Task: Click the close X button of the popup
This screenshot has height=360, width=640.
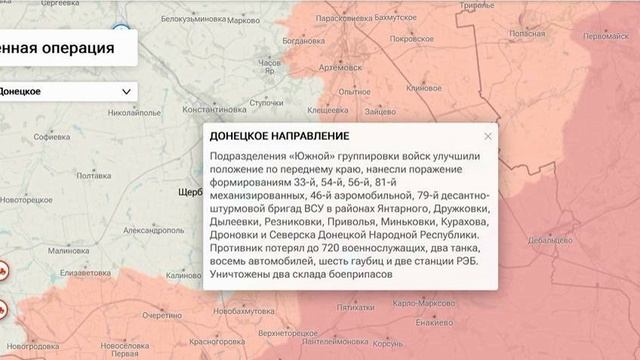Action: pyautogui.click(x=488, y=136)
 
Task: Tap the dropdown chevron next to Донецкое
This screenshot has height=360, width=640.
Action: pyautogui.click(x=126, y=91)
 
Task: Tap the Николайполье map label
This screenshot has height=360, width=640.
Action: pyautogui.click(x=134, y=113)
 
